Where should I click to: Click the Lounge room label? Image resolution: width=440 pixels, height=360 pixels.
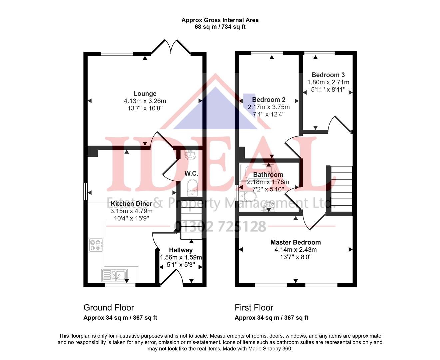pos(145,94)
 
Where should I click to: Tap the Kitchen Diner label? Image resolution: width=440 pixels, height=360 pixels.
pos(131,204)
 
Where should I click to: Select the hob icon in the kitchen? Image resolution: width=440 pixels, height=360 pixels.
pos(96,245)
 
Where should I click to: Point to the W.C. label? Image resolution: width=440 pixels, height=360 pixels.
pos(191,174)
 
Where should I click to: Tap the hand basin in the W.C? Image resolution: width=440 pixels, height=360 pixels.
pos(191,154)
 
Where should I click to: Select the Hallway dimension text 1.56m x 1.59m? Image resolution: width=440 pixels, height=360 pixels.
pos(181,257)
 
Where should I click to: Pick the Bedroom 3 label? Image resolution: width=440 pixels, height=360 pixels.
pos(328,75)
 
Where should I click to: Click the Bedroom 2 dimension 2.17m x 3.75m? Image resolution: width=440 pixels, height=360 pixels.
pos(269,107)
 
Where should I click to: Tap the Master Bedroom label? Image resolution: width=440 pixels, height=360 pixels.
pos(296,242)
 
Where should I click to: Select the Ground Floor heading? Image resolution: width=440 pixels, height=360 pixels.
pos(109,308)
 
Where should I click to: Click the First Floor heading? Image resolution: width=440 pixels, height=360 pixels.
pos(254,308)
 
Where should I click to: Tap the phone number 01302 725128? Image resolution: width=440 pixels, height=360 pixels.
pos(220,227)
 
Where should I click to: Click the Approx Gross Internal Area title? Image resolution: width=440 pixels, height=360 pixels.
pos(220,20)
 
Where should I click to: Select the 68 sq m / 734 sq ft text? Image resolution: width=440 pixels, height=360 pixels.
pos(220,27)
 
